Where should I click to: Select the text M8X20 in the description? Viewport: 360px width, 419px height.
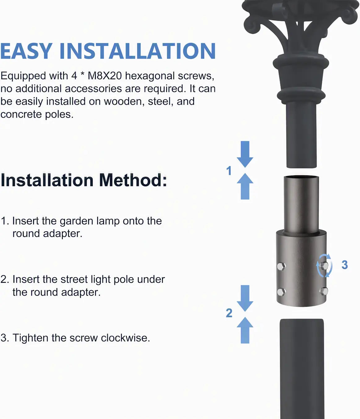[105, 76]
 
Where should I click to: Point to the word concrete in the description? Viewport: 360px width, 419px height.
[21, 115]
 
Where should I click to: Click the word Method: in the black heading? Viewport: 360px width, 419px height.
[133, 180]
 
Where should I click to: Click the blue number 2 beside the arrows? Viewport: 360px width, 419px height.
[229, 313]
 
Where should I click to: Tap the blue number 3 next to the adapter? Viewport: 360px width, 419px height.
[345, 265]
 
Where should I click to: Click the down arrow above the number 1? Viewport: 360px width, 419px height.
[245, 154]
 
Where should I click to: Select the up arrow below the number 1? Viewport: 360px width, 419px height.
[245, 186]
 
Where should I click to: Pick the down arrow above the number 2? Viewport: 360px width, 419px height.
[245, 298]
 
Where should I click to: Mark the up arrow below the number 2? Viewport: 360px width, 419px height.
[245, 330]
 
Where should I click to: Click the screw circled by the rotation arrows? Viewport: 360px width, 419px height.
[324, 265]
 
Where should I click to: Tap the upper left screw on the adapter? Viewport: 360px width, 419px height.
[281, 266]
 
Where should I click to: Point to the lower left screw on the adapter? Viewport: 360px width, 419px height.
[281, 292]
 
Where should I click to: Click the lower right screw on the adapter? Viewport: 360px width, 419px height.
[324, 291]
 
